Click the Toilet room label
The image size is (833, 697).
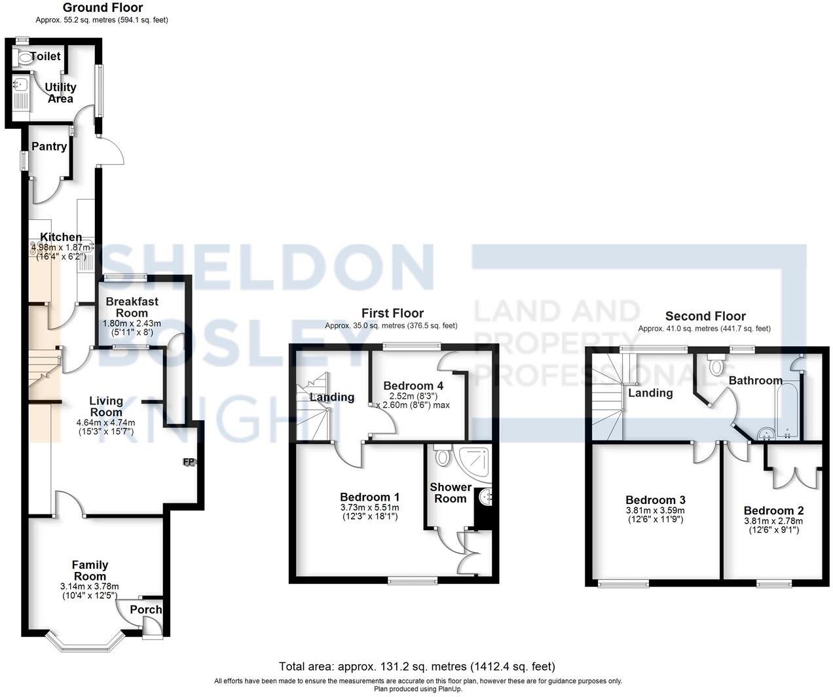point(45,57)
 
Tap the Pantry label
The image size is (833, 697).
point(49,147)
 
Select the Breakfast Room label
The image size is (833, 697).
point(132,308)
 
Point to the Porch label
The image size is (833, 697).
point(145,610)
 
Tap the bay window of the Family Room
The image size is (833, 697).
point(86,644)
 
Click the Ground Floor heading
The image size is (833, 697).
point(103,8)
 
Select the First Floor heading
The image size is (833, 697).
point(392,313)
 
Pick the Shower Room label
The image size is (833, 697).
point(451,493)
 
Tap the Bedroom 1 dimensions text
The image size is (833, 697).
point(369,512)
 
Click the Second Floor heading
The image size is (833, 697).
point(705,316)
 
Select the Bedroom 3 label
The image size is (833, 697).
point(656,500)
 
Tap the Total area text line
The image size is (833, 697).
point(417,667)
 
